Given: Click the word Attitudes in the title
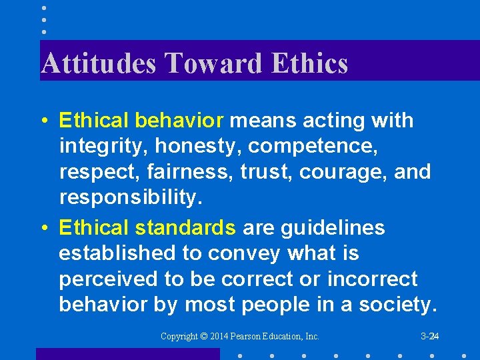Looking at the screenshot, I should pos(99,63).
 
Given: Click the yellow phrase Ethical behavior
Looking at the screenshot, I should pos(141,121).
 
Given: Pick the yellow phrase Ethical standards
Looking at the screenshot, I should pos(147,228).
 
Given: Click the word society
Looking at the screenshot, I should pos(396,304).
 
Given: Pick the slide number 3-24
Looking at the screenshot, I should pos(429,337).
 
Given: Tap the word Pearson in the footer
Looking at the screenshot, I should pos(245,337).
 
